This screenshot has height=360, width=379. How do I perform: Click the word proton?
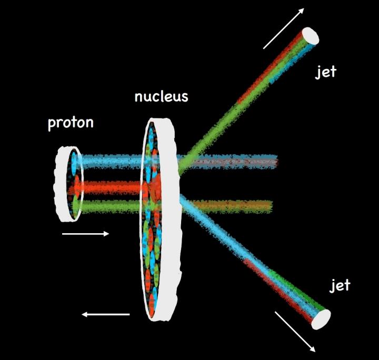click(x=71, y=123)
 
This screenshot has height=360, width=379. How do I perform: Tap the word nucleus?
click(x=161, y=97)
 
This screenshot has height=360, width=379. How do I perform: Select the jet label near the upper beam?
click(x=325, y=72)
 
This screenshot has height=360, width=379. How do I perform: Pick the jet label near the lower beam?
click(x=340, y=286)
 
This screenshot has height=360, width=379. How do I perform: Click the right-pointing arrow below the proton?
click(x=85, y=234)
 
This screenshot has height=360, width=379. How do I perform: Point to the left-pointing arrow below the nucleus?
click(x=105, y=315)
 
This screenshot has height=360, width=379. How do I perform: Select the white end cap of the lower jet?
click(x=321, y=319)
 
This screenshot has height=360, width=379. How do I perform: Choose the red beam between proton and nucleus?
click(x=111, y=187)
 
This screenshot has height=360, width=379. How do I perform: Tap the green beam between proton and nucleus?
click(x=111, y=206)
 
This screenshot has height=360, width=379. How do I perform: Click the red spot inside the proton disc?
click(x=75, y=186)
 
